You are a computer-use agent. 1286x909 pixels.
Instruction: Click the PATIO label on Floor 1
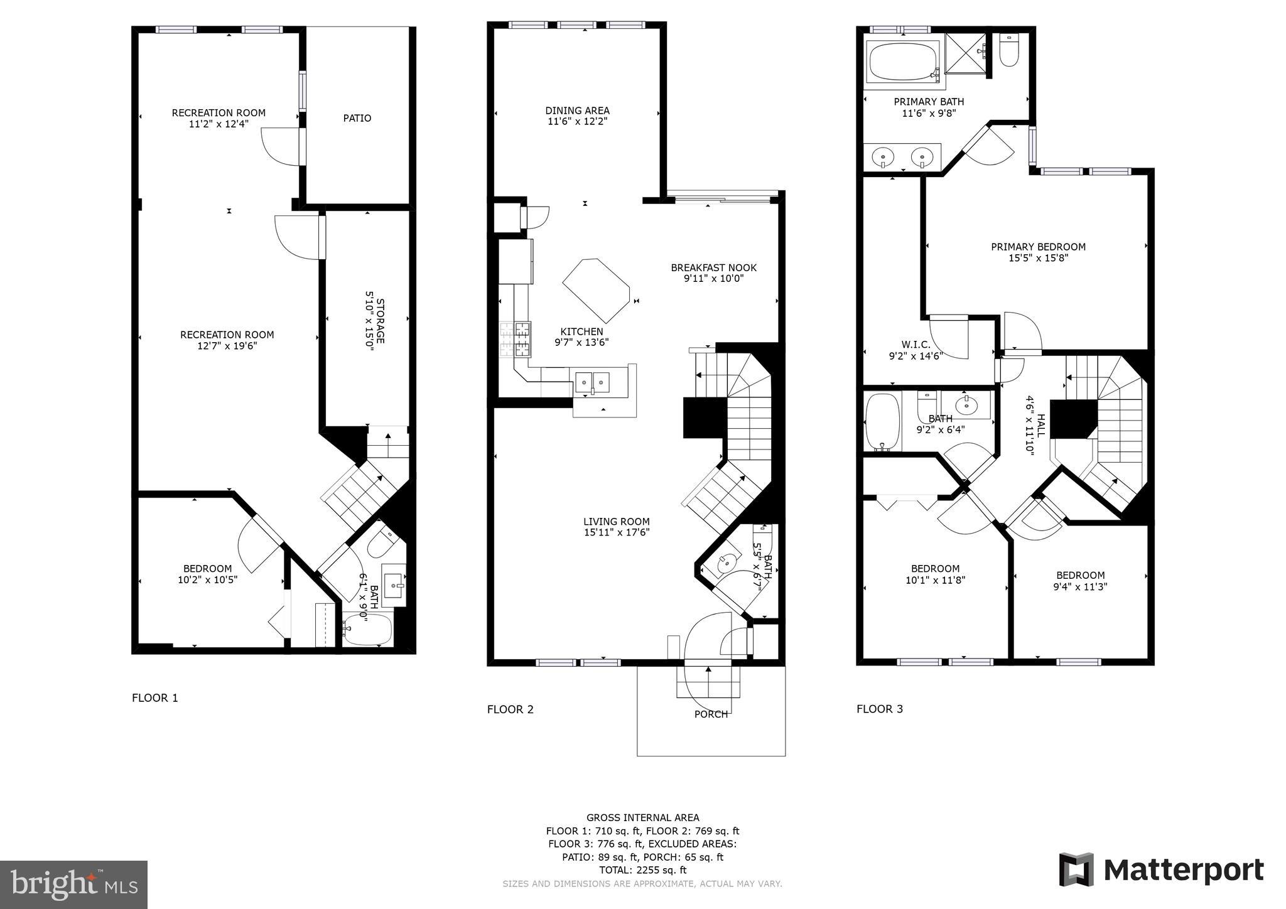357,118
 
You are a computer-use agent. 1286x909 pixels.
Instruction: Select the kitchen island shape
595,290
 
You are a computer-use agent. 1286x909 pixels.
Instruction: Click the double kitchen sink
593,381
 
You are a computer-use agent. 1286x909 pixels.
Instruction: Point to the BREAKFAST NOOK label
713,267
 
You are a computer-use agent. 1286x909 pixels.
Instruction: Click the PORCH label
711,714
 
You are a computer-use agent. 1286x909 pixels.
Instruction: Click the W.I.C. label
916,345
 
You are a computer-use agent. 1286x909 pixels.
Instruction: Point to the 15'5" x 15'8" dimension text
1038,258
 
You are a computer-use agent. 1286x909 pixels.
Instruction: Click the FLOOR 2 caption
510,709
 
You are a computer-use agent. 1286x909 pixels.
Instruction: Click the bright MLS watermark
73,885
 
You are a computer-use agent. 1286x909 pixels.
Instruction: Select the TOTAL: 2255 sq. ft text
642,870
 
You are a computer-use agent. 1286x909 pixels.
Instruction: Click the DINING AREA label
577,110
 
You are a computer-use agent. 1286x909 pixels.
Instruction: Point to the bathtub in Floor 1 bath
368,629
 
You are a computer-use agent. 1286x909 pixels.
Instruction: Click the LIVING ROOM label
616,521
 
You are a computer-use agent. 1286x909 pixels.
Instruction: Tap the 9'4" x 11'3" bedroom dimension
1080,587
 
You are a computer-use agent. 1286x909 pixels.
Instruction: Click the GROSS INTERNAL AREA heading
642,817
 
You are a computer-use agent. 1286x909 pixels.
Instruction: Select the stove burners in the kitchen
515,339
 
